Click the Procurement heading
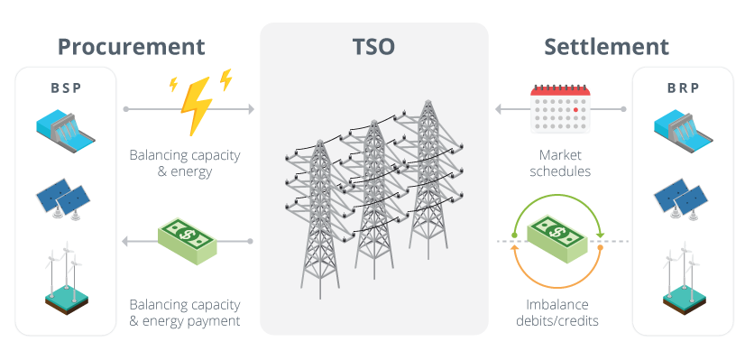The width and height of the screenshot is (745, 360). point(133,46)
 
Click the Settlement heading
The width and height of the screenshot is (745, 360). point(607,46)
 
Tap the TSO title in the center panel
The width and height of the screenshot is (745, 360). point(374,46)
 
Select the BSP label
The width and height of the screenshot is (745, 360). point(65,88)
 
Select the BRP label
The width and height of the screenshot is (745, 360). point(683,88)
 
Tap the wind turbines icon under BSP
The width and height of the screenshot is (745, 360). point(65,277)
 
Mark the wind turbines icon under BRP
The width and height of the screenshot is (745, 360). point(683,277)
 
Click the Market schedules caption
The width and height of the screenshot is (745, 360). point(559,162)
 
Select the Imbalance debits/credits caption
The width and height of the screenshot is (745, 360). point(559,312)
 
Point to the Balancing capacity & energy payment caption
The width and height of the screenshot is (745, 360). point(184,312)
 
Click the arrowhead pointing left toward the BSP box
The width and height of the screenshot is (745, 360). point(127,241)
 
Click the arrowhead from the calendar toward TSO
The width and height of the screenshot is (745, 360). point(498,109)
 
